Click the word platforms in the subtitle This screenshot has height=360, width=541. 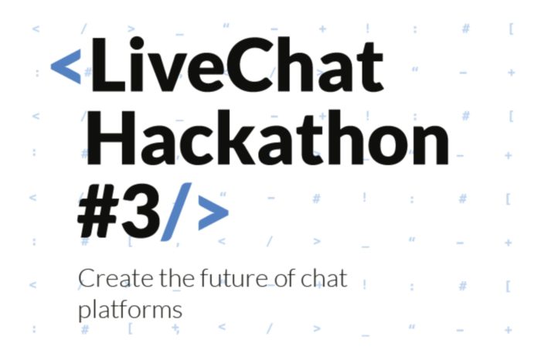(x=130, y=311)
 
